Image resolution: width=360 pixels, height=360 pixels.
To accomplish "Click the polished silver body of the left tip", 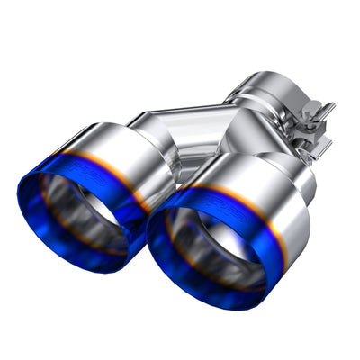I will pyautogui.click(x=126, y=153).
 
